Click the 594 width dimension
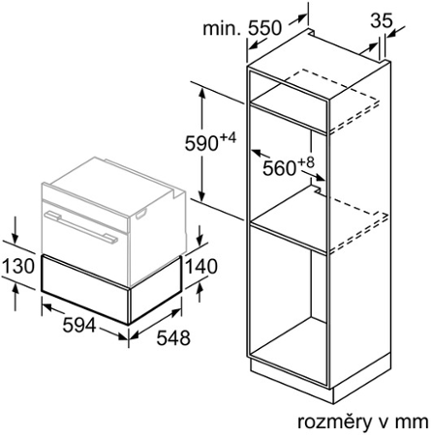pos(79,325)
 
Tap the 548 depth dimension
pos(173,338)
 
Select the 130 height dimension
pos(18,266)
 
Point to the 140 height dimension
pos(201,267)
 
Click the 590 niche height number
pos(201,143)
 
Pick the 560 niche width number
pos(280,168)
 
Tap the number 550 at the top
pos(264,28)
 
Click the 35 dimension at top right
pos(382,20)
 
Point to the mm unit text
pos(414,422)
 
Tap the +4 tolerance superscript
pos(229,138)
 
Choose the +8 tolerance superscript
pos(306,162)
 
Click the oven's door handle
pos(81,226)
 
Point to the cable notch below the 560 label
pos(317,189)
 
